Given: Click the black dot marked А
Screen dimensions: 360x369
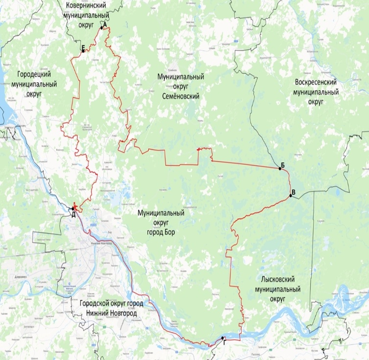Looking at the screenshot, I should click(x=102, y=28).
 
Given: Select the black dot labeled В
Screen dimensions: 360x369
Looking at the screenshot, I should click(x=291, y=196).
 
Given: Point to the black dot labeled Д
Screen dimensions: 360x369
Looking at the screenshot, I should click(x=73, y=209).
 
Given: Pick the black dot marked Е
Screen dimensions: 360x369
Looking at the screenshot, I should click(x=83, y=50).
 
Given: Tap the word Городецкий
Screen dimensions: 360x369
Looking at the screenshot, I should click(x=34, y=75).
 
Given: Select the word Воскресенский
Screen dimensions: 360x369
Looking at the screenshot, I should click(x=315, y=82).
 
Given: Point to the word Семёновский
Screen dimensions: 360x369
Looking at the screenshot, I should click(x=181, y=97).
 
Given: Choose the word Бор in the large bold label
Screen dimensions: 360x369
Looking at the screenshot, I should click(x=169, y=231).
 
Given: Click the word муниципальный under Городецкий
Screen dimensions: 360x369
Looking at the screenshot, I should click(x=34, y=84).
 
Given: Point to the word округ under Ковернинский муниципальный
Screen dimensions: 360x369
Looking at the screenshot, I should click(x=83, y=24).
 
